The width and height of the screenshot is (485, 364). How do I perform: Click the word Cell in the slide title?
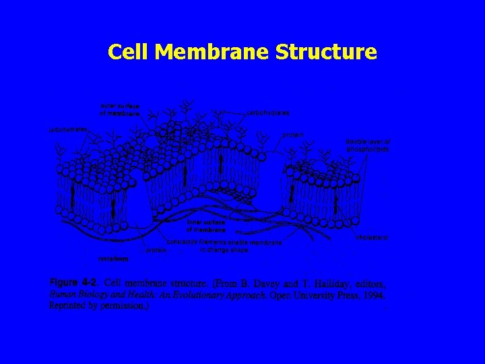[128, 51]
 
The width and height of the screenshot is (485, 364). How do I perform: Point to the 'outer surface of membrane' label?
[120, 110]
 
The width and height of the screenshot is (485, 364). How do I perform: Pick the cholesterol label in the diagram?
[372, 237]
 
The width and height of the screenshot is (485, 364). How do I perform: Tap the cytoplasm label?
[108, 257]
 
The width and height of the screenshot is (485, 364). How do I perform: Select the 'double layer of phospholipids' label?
[367, 145]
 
